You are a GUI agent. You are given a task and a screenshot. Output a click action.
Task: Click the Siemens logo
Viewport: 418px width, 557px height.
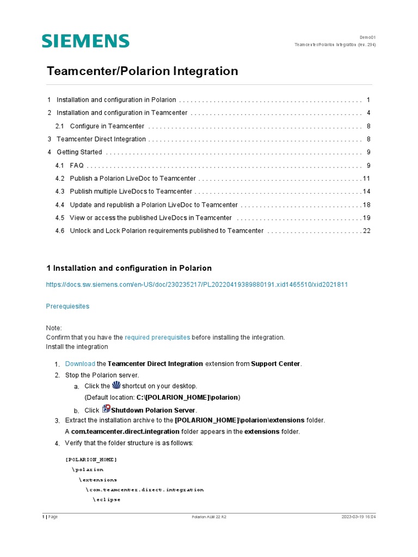85,41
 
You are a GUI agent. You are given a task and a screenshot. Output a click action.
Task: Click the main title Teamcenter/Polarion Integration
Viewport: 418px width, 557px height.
142,71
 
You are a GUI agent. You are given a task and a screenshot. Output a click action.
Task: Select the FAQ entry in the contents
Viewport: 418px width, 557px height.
77,165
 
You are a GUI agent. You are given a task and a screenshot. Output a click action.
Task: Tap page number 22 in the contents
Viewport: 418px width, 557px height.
366,231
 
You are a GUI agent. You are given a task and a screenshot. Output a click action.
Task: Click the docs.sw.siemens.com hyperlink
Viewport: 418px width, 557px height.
196,284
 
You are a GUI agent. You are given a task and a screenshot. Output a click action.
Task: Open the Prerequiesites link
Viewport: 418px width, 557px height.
67,306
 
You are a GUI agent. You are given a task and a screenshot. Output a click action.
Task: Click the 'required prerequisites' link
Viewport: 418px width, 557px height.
157,337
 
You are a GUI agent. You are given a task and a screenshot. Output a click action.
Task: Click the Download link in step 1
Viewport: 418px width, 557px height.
79,363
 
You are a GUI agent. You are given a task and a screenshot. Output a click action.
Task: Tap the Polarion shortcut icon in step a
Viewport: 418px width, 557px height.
115,385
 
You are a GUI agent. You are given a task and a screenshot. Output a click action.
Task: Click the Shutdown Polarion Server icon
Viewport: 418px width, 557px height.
106,409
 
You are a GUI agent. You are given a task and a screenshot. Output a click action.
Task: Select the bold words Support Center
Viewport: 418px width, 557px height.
275,363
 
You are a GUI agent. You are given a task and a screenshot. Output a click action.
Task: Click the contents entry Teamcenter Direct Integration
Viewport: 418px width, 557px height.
101,139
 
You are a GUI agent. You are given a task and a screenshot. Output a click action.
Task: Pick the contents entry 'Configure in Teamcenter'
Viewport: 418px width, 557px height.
107,126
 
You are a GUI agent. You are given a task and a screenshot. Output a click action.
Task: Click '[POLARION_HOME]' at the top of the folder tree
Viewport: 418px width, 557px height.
91,460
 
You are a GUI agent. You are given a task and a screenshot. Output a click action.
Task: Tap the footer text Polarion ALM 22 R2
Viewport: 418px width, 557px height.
209,517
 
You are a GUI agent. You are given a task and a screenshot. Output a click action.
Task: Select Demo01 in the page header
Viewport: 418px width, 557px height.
367,38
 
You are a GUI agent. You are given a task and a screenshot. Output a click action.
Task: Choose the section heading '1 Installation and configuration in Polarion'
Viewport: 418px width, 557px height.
129,268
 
